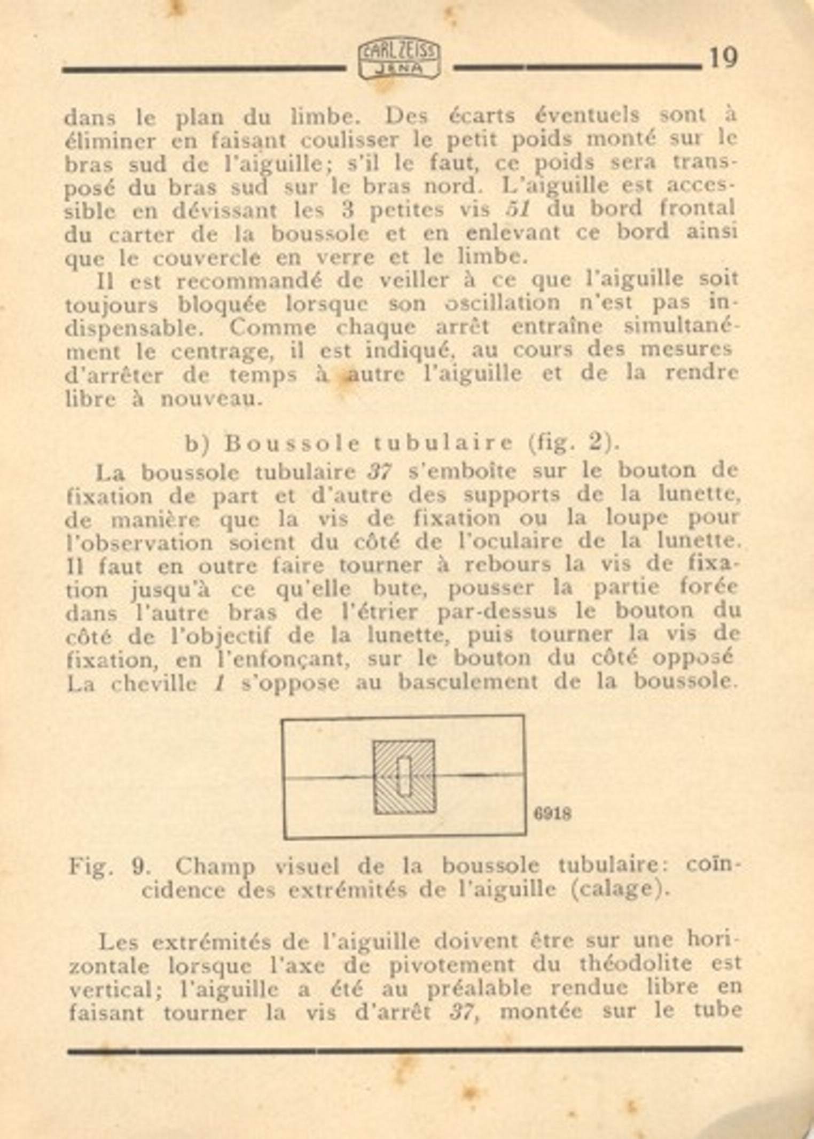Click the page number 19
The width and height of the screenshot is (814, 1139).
point(723,58)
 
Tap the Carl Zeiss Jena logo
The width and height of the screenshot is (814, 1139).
point(399,59)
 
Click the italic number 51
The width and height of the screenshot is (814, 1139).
point(518,209)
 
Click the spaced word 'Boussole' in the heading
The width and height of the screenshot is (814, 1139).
point(292,443)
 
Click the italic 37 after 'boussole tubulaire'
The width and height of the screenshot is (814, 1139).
point(379,472)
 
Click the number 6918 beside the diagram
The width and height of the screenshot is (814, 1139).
point(552,814)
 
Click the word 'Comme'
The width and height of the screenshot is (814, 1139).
point(272,327)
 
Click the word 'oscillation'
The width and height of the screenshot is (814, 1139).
point(503,303)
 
